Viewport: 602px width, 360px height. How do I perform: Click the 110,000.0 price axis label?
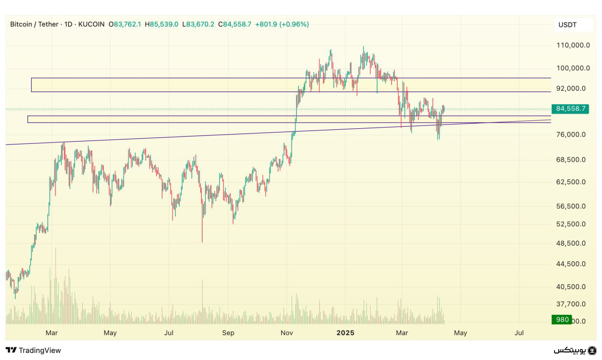coord(573,45)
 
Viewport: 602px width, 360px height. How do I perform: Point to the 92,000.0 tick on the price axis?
coord(571,88)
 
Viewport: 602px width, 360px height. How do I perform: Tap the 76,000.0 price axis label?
coord(571,134)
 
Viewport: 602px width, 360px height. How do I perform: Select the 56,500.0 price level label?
coord(571,206)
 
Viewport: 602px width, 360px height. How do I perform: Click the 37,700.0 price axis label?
coord(571,304)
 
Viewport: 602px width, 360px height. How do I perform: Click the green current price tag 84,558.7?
coord(571,109)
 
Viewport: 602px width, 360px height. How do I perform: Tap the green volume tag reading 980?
coord(562,320)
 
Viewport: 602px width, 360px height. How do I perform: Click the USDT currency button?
coord(567,25)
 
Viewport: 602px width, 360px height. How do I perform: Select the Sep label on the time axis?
coord(228,333)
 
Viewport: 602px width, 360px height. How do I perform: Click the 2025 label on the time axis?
coord(345,333)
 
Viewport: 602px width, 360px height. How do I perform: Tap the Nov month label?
coord(286,333)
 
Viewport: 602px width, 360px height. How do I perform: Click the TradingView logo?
coord(33,350)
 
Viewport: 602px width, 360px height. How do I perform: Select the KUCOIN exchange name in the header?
coord(91,24)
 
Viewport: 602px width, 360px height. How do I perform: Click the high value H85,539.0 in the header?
coord(161,24)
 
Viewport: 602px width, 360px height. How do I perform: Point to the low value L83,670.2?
coord(198,24)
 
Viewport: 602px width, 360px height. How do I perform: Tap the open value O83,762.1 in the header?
coord(125,24)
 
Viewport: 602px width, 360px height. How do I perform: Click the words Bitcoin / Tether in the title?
coord(34,24)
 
